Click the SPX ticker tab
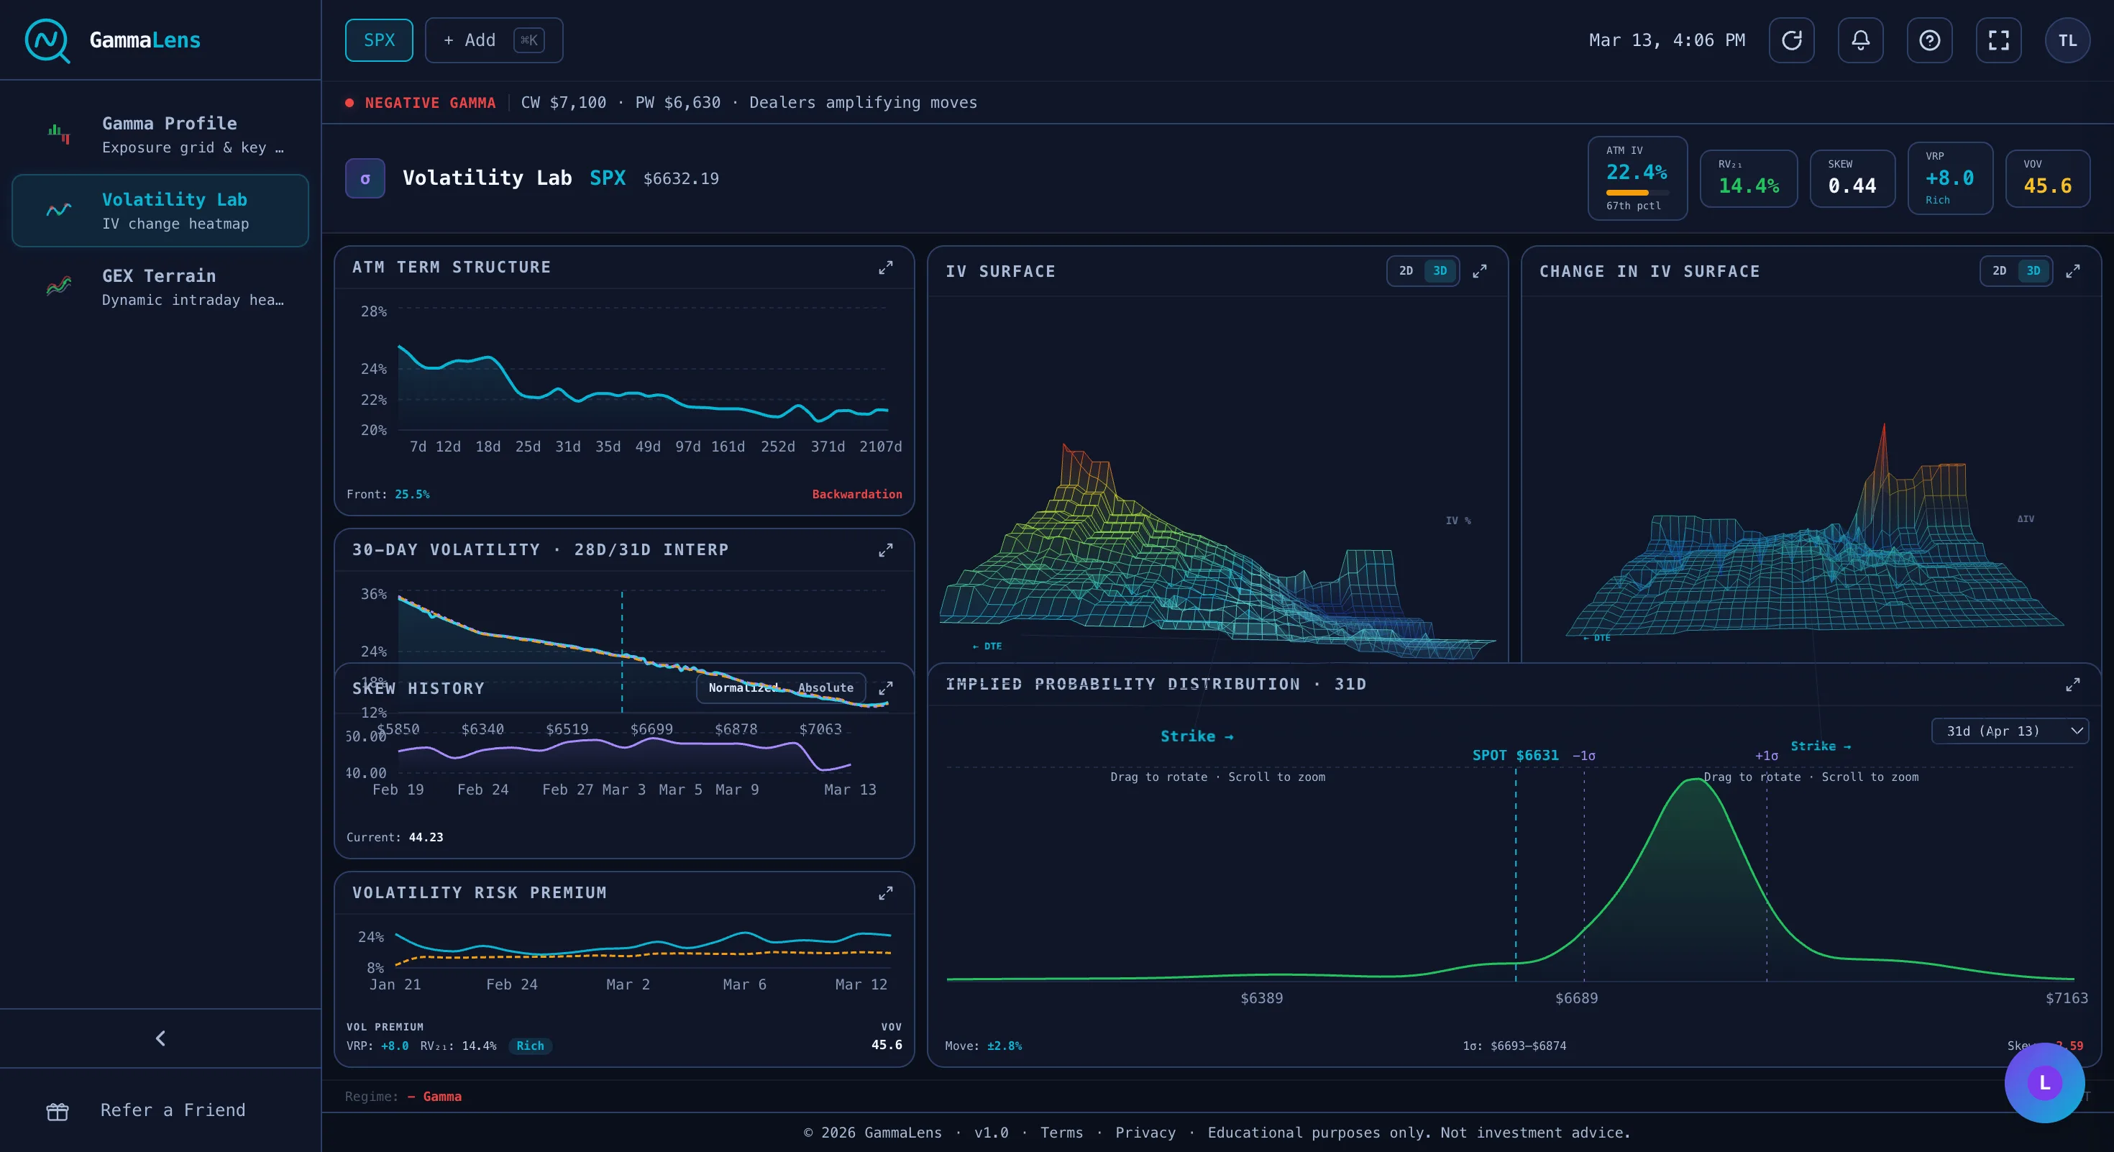pos(378,40)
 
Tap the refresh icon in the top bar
pos(1791,40)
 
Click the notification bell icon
pos(1860,40)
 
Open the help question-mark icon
pos(1929,40)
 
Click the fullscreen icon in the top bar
pos(1998,40)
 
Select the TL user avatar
pos(2067,40)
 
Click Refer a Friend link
pos(173,1110)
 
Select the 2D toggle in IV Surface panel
pos(1406,271)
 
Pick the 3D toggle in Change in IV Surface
pos(2033,271)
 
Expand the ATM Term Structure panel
pos(885,268)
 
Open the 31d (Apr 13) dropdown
pos(2009,731)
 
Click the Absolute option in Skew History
pos(825,687)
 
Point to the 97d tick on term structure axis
pos(687,447)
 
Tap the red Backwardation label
pos(857,494)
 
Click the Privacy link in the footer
pos(1145,1133)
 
